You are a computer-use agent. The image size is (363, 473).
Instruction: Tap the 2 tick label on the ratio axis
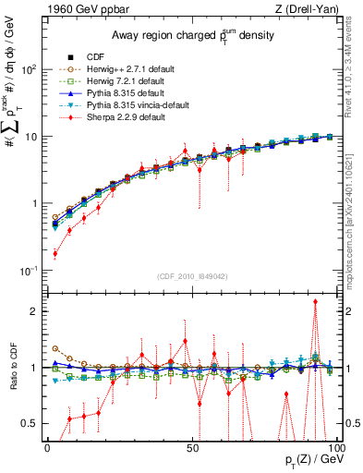35,311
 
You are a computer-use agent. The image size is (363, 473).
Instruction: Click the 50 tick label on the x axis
192,447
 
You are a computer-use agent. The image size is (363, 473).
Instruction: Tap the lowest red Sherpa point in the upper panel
54,253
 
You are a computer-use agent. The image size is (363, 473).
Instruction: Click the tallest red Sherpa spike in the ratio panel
315,301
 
